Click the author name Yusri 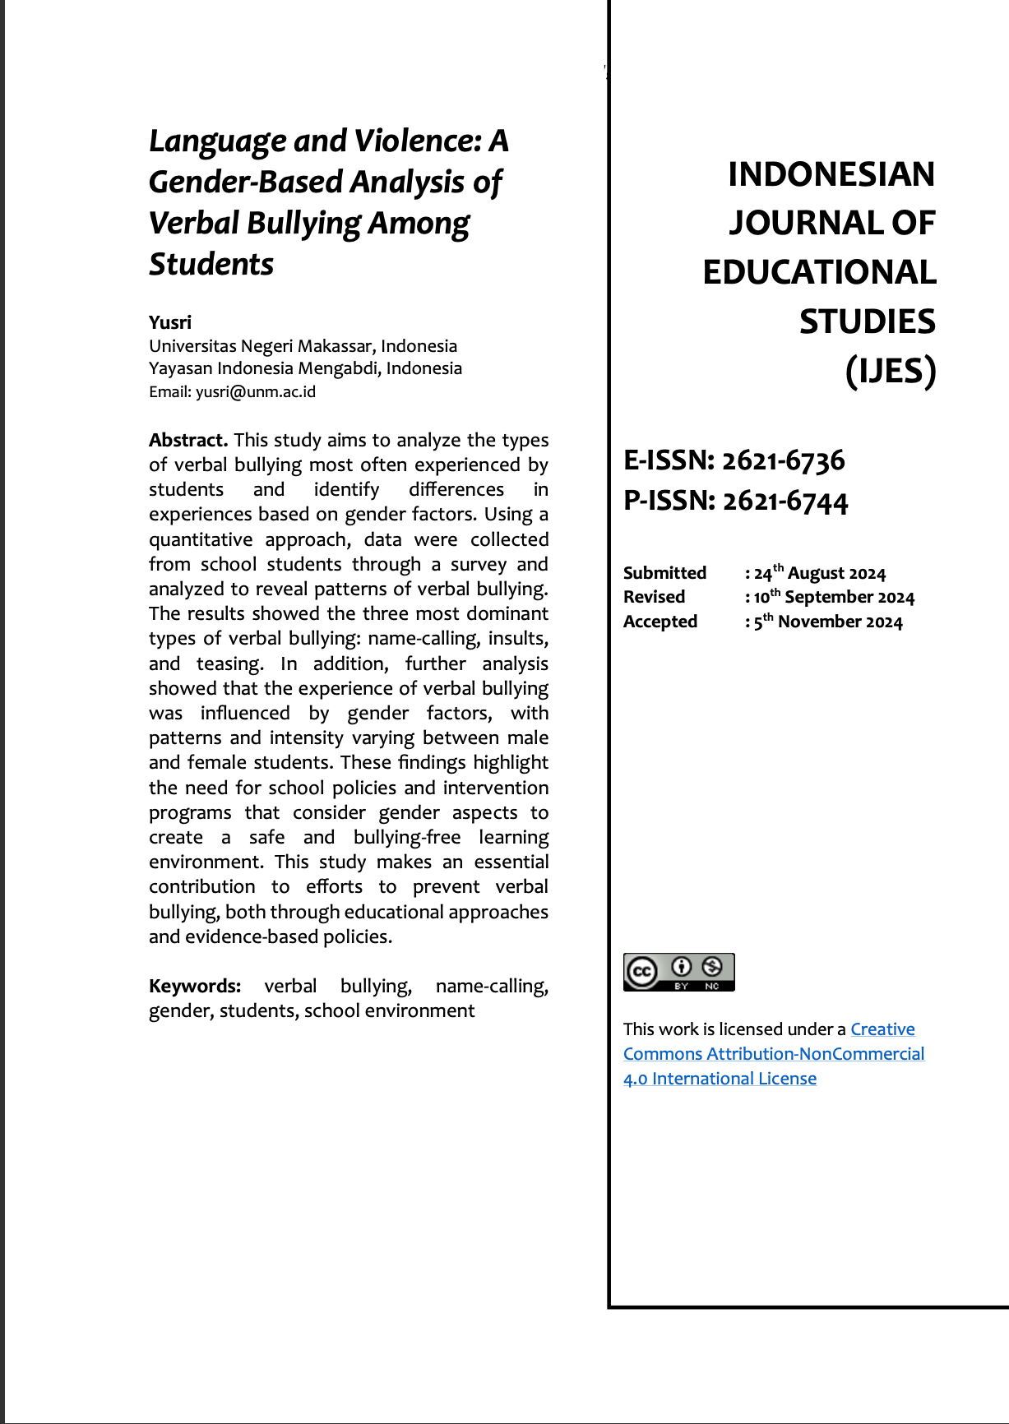[x=170, y=322]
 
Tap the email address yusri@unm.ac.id [x=256, y=392]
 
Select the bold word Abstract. [x=188, y=440]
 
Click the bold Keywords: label [x=195, y=986]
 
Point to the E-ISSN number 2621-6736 [x=784, y=460]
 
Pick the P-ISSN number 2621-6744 [x=785, y=501]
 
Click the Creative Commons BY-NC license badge [x=678, y=972]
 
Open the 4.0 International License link [x=720, y=1079]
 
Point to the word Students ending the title [x=211, y=265]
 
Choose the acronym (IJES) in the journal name [x=891, y=371]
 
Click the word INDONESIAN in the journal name [x=831, y=174]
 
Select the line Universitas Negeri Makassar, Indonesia [x=303, y=346]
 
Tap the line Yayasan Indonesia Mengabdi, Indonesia [x=305, y=368]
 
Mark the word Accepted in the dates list [x=660, y=622]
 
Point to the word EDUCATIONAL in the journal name [x=819, y=273]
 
